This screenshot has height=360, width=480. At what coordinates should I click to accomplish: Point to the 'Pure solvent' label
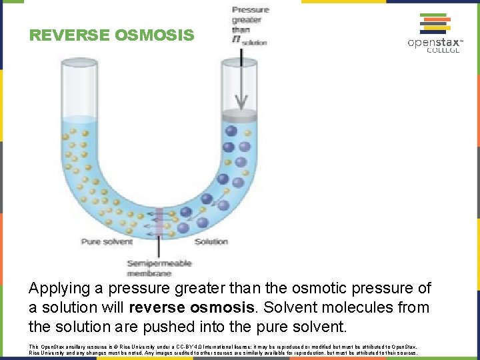[107, 241]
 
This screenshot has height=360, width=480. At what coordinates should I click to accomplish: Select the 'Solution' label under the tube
[211, 241]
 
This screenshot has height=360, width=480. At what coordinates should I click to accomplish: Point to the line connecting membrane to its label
[158, 247]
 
